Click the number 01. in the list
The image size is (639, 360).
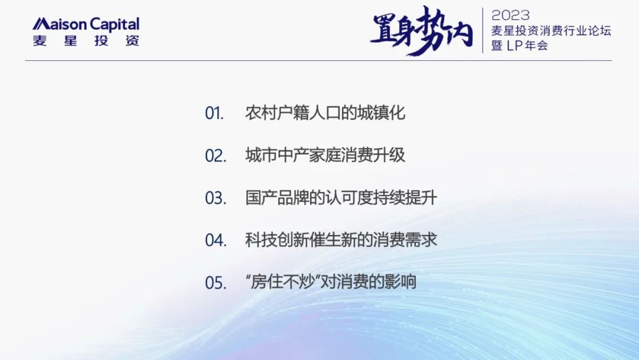(214, 113)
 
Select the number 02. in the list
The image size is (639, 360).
(215, 156)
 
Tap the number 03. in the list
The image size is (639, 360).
(215, 198)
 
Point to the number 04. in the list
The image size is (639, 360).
(215, 240)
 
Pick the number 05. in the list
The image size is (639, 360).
(215, 282)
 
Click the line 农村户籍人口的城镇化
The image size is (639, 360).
(325, 113)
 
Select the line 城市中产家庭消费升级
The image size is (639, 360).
(325, 155)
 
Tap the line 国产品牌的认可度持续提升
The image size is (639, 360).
(341, 198)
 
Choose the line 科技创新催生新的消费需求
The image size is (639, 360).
(341, 240)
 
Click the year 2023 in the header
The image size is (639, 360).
(510, 15)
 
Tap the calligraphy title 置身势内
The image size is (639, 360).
(421, 30)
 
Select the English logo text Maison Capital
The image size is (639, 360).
(86, 24)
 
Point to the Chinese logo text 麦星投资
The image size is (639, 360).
(86, 41)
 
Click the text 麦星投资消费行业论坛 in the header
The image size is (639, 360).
(551, 31)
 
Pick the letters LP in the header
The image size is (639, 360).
(514, 46)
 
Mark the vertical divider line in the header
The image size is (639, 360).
(483, 30)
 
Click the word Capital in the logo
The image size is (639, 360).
(115, 24)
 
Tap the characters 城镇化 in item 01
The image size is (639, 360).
(382, 113)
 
